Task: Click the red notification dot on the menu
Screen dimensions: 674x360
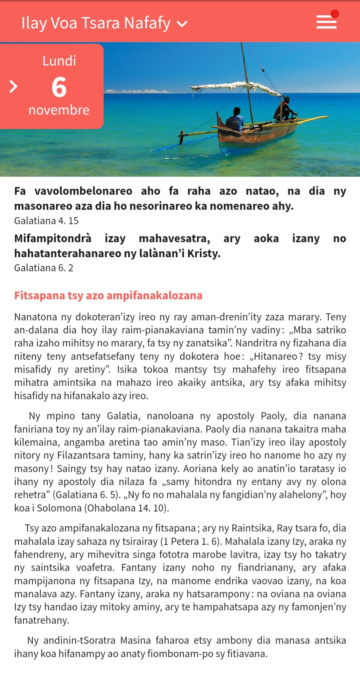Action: [335, 14]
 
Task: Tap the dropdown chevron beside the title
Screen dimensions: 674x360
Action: [182, 24]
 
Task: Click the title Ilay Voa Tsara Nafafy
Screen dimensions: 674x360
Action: [96, 23]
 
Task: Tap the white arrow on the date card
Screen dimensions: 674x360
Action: [13, 86]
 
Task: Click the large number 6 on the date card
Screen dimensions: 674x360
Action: [59, 87]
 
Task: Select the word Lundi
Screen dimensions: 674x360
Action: [59, 61]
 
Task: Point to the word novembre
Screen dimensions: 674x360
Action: [59, 110]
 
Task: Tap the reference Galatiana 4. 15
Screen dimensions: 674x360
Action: [46, 221]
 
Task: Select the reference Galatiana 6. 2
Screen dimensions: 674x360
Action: [43, 268]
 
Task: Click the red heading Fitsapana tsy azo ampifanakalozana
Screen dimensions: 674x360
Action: [108, 295]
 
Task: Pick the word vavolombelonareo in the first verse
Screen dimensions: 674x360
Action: [83, 191]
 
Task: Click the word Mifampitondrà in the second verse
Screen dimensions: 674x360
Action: [52, 238]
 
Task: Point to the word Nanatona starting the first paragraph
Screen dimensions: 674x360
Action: [35, 317]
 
